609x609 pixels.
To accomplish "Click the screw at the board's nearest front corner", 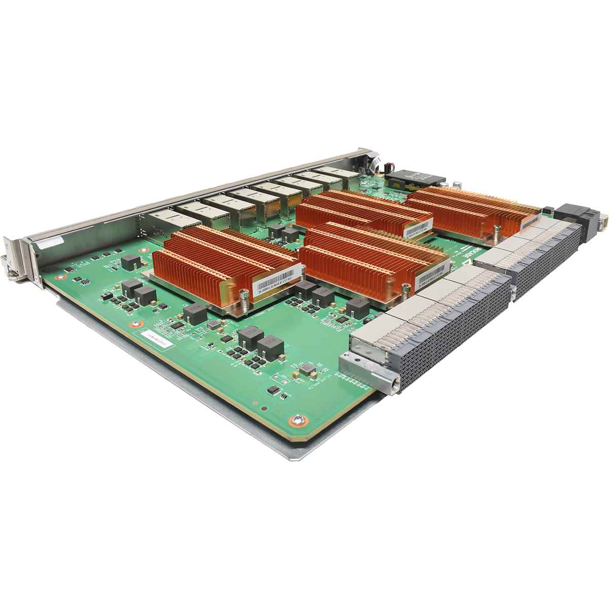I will [x=299, y=419].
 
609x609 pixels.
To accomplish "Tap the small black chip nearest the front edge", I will [x=273, y=390].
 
